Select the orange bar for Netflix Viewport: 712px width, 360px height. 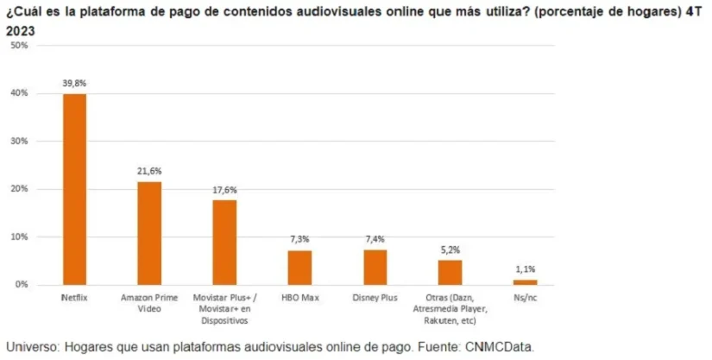[74, 189]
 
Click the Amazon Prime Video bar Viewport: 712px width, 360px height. [149, 233]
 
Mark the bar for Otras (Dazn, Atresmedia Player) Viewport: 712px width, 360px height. [450, 272]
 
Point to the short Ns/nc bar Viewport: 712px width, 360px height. [525, 281]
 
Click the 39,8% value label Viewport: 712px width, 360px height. [74, 83]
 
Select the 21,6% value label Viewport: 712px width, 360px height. [149, 171]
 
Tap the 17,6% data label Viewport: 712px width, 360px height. [224, 190]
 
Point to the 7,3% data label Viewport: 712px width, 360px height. [299, 239]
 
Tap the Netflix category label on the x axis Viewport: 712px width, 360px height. [74, 298]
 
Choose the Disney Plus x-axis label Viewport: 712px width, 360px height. [375, 298]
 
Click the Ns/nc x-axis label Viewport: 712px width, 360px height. [525, 298]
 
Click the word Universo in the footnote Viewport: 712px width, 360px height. [34, 347]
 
